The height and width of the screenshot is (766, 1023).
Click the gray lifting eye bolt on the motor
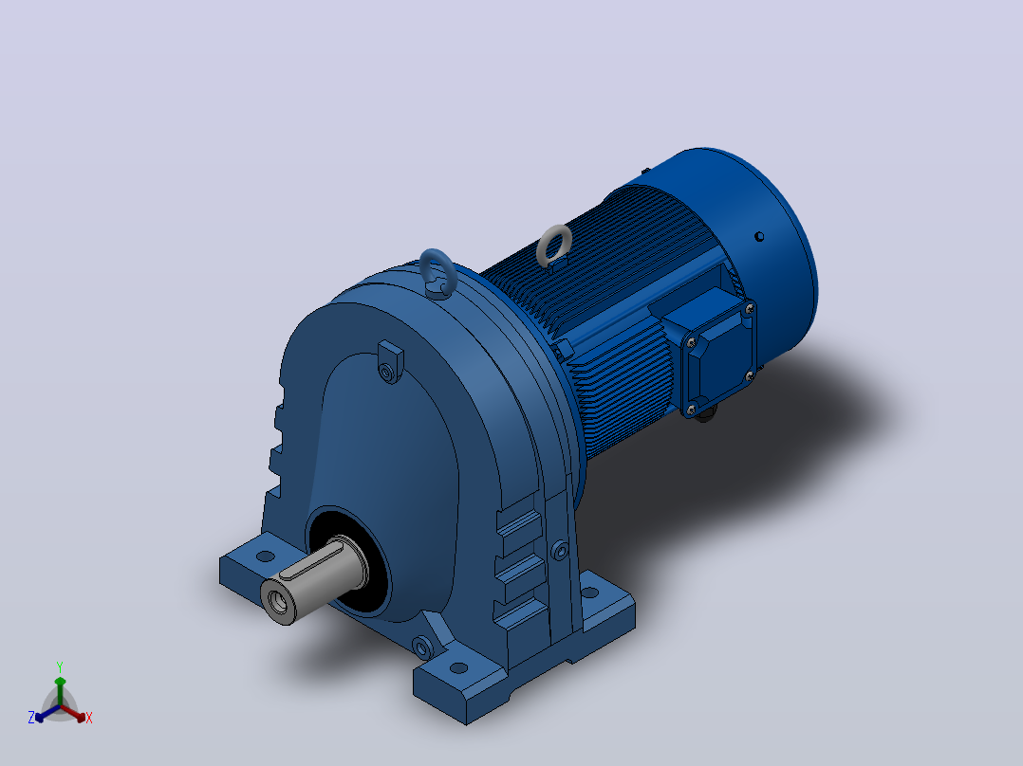point(547,242)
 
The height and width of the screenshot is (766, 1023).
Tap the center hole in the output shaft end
point(278,603)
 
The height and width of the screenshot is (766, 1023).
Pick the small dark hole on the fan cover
point(759,237)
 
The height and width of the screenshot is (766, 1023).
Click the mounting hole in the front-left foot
point(266,556)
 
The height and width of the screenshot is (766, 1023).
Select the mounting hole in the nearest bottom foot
point(458,668)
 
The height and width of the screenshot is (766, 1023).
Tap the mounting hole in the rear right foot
point(589,593)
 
